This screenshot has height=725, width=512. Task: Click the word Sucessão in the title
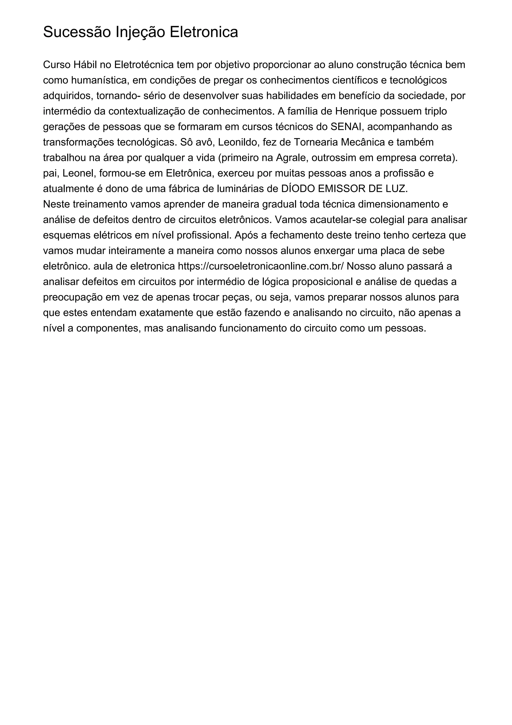pos(77,32)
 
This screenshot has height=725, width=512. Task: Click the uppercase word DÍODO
pos(298,189)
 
